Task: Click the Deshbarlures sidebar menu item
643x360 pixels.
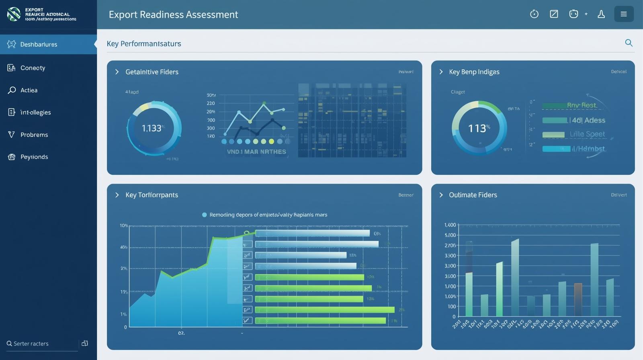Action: (39, 44)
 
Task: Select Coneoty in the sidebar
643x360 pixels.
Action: (33, 68)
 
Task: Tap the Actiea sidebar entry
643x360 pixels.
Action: (29, 90)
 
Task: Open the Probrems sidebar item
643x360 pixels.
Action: (34, 135)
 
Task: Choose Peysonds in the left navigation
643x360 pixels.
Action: (34, 157)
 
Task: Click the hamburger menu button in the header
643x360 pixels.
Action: (624, 14)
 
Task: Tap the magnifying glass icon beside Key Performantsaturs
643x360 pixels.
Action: (629, 43)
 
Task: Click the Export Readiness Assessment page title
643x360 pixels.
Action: (173, 14)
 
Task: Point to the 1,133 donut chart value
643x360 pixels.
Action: (152, 128)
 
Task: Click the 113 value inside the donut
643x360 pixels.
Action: (478, 128)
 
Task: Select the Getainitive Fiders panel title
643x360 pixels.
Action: (152, 72)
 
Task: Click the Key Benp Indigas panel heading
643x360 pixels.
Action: (474, 72)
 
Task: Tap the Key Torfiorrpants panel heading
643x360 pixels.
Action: (152, 195)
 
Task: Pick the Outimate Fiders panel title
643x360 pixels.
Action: (473, 195)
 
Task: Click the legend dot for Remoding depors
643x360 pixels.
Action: (204, 215)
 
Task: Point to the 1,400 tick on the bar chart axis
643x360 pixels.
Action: (450, 225)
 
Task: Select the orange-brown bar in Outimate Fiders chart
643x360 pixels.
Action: (578, 299)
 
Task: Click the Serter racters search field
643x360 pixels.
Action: (40, 344)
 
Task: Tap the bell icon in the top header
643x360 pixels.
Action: (601, 14)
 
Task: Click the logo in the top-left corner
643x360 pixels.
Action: (14, 14)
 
